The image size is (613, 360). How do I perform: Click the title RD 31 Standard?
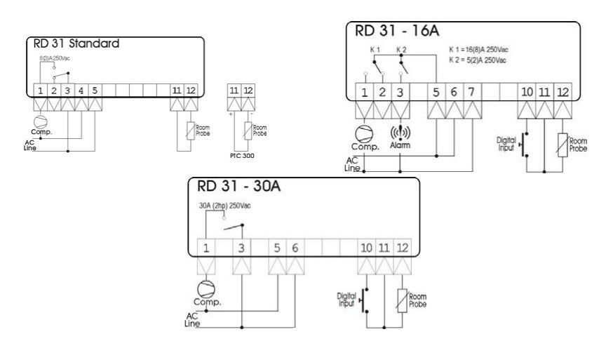point(76,44)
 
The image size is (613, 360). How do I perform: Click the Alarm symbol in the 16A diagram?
point(400,133)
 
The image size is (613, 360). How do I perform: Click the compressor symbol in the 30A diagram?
point(206,288)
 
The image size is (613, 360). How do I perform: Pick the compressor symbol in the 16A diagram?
point(365,133)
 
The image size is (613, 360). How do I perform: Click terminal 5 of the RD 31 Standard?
point(94,90)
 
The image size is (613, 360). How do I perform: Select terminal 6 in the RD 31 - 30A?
point(295,248)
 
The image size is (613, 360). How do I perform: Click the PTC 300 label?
point(243,155)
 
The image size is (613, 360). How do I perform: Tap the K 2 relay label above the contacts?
point(400,49)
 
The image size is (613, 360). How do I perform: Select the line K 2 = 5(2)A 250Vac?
point(478,60)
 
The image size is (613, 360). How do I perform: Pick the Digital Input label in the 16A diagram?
point(506,144)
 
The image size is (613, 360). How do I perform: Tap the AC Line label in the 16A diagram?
point(352,164)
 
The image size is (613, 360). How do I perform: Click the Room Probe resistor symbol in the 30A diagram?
point(403,300)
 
